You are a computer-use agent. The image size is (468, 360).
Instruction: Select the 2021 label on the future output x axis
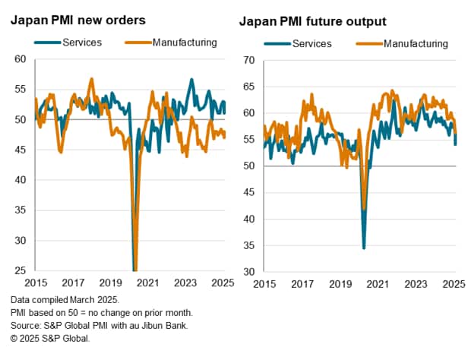coord(378,284)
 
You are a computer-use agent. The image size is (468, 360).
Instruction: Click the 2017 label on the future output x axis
coord(302,284)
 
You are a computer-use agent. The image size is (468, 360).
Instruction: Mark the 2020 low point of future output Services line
coord(364,248)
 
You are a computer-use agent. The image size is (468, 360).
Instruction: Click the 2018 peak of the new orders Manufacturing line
coord(92,78)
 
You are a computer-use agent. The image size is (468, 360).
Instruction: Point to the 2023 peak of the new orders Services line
coord(191,79)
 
